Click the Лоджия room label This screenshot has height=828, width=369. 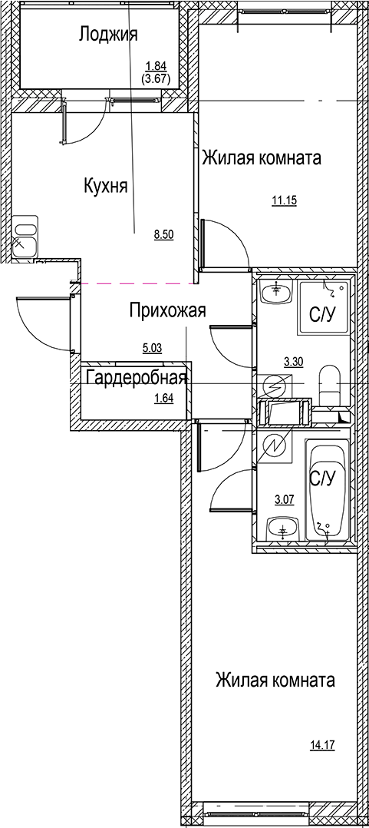tap(108, 34)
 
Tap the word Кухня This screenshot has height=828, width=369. tap(105, 185)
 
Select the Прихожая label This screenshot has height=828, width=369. tap(168, 310)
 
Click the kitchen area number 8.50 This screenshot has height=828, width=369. tap(163, 236)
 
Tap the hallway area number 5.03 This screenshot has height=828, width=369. tap(152, 348)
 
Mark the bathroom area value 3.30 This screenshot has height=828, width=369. tap(293, 359)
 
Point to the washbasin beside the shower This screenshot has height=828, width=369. tap(274, 293)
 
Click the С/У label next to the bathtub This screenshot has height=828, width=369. tap(323, 478)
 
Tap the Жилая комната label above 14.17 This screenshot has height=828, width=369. tap(275, 681)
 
